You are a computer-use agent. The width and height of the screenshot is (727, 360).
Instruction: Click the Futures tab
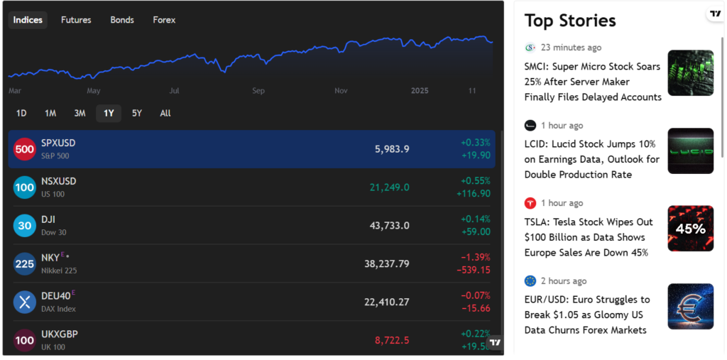(x=76, y=20)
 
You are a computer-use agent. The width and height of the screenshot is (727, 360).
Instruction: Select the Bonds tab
(x=122, y=20)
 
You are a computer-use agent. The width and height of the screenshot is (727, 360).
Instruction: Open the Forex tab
(x=164, y=20)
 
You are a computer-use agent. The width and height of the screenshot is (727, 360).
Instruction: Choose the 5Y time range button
(x=137, y=113)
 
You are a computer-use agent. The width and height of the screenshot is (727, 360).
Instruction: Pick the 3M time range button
(x=80, y=113)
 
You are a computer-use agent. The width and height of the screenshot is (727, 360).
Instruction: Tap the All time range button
(x=165, y=113)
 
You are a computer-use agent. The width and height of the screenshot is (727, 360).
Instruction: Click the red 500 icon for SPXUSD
(x=25, y=149)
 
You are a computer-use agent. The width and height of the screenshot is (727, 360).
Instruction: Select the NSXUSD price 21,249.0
(x=389, y=187)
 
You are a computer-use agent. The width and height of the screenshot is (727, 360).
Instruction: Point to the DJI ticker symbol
(x=48, y=219)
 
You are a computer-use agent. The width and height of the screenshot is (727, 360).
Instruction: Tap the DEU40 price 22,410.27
(x=386, y=302)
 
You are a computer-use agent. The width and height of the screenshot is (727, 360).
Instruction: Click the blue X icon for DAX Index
(x=25, y=302)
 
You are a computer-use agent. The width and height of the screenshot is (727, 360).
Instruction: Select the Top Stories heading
(x=570, y=21)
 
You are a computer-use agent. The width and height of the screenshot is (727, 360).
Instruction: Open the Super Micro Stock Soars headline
(x=592, y=82)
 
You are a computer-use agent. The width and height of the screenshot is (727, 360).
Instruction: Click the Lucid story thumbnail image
(x=690, y=151)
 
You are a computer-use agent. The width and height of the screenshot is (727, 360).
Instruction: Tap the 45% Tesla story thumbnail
(x=690, y=229)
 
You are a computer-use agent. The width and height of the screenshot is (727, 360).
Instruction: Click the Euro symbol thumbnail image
(x=690, y=306)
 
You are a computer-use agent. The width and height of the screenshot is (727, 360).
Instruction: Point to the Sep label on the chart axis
(x=258, y=91)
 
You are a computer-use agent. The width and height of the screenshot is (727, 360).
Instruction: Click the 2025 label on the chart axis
(x=420, y=91)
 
